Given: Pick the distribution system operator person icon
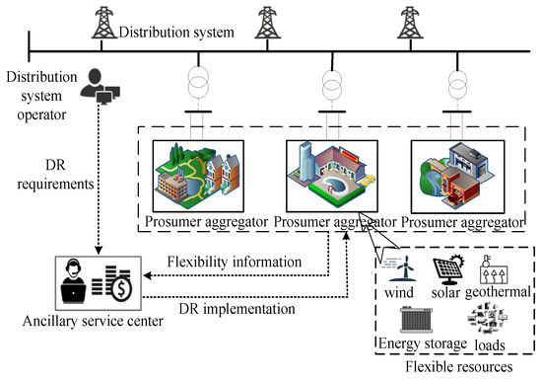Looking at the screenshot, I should point(98,87).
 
